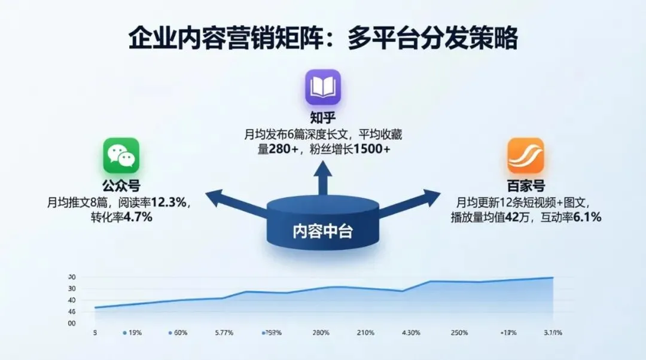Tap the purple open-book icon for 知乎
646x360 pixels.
click(323, 87)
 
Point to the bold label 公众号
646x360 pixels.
click(121, 187)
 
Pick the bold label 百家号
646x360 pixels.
click(526, 186)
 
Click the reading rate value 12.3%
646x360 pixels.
click(171, 203)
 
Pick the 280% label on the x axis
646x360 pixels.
click(321, 332)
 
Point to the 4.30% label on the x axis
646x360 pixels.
click(412, 332)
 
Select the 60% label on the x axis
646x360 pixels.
click(181, 332)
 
